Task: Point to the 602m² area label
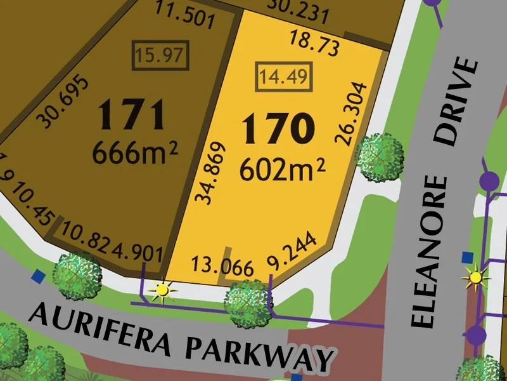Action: [x=282, y=169]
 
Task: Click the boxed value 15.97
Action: [x=160, y=55]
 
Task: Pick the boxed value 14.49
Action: [x=283, y=77]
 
